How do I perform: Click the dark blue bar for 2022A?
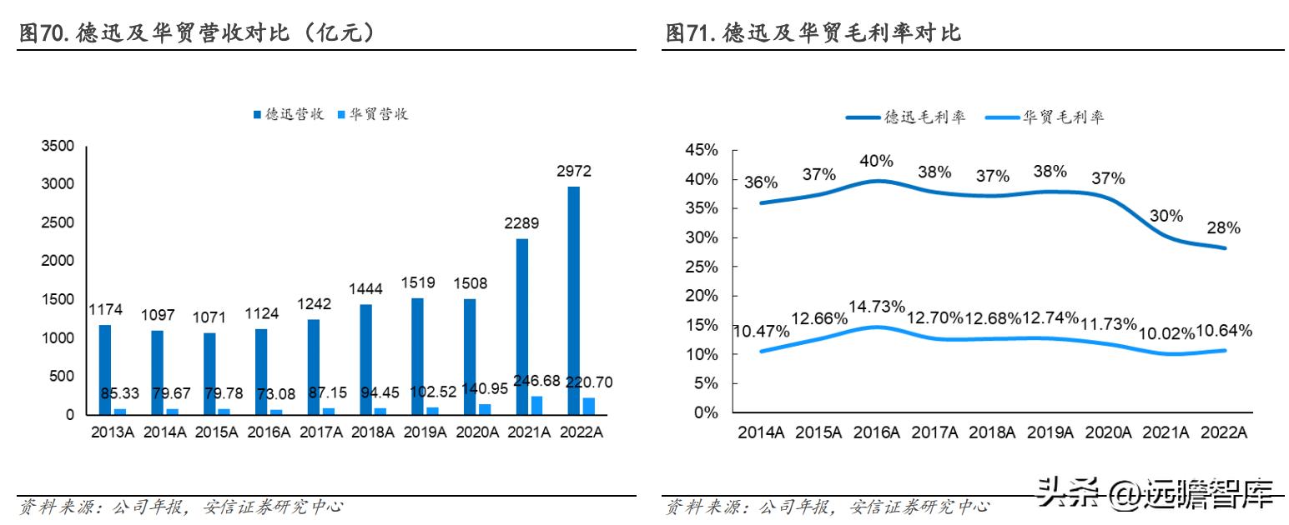[x=574, y=300]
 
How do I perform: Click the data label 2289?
[x=522, y=222]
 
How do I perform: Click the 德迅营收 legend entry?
[x=289, y=114]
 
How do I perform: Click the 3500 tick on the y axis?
[x=58, y=147]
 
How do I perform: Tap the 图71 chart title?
[x=813, y=33]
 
